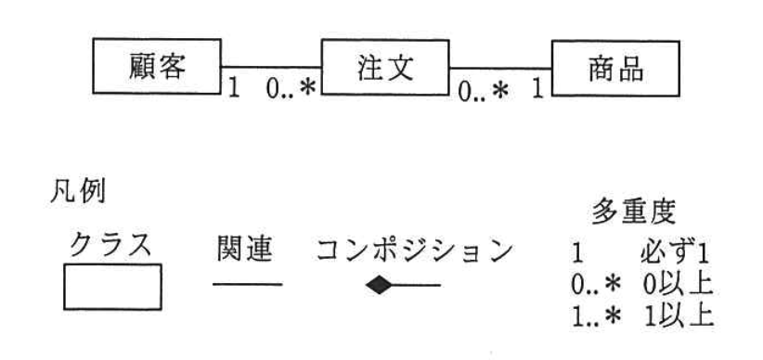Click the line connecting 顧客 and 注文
[x=270, y=67]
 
